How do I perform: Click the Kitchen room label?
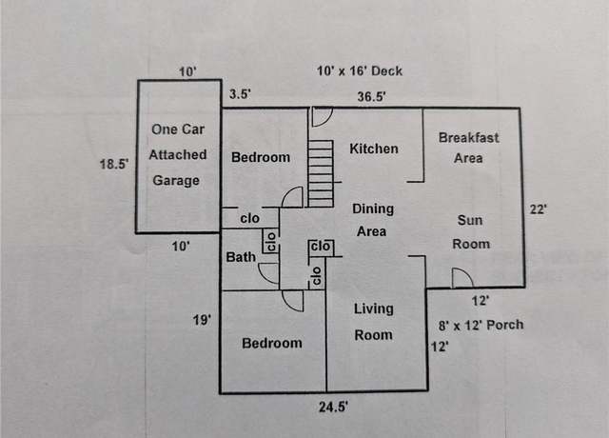point(374,149)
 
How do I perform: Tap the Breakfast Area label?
point(469,149)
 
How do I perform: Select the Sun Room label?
point(471,232)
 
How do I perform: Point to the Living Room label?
point(374,322)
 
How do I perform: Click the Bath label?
point(241,257)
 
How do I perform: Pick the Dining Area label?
point(373,220)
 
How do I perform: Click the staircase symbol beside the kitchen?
point(321,173)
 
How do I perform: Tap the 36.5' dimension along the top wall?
point(372,96)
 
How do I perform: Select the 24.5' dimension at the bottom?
point(333,407)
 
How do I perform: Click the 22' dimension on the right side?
point(539,209)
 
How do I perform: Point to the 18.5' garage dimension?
point(114,164)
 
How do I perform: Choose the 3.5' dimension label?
point(240,94)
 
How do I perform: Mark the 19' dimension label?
point(202,320)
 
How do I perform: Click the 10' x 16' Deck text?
point(360,71)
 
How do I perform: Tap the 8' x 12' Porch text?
point(481,325)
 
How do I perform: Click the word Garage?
point(176,181)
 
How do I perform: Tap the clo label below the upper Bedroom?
point(249,218)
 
